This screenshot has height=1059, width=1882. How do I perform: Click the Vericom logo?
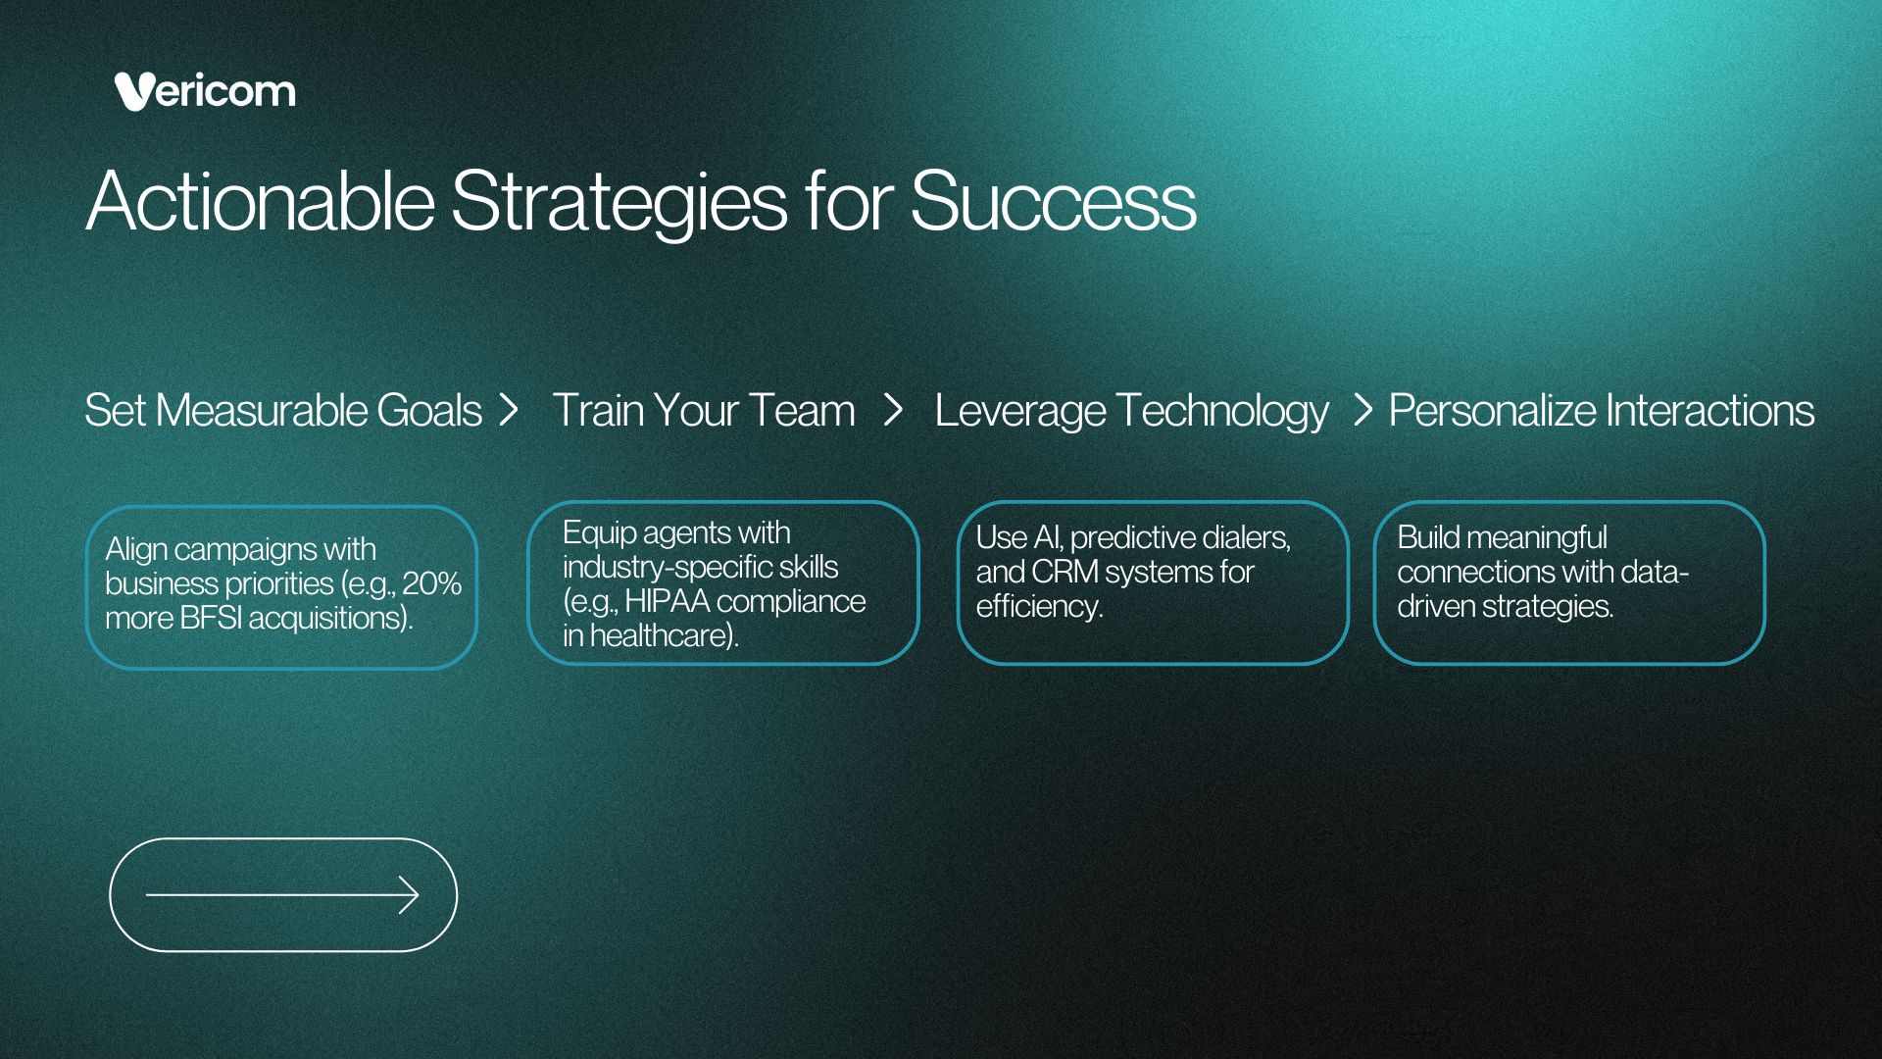coord(205,91)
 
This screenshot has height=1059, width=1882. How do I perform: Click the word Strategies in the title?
coord(619,203)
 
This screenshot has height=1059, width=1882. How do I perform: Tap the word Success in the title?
coord(1053,201)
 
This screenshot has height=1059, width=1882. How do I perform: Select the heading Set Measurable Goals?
coord(283,410)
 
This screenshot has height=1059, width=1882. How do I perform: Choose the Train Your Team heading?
coord(704,410)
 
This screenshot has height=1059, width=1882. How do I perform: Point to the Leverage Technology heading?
coord(1131,411)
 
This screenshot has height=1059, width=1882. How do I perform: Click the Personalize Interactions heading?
coord(1602,410)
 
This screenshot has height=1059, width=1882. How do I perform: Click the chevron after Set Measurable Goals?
coord(508,410)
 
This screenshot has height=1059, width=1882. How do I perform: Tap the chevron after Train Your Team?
coord(892,410)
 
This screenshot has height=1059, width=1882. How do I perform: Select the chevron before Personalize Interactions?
coord(1362,410)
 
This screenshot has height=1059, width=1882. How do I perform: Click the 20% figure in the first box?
coord(431,583)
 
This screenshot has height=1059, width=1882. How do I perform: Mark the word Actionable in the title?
coord(260,201)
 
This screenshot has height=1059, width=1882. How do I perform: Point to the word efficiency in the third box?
coord(1039,607)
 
